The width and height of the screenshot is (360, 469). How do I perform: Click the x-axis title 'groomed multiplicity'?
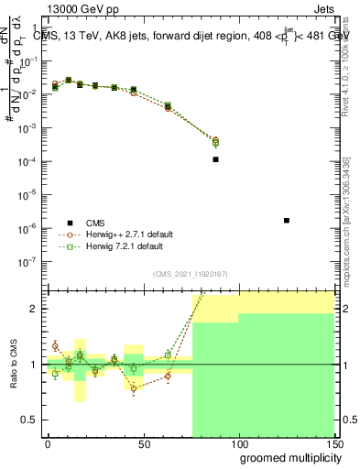tap(287, 457)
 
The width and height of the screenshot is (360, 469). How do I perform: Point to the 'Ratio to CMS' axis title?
tap(13, 364)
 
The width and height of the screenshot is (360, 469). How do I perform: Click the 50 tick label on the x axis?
tap(143, 443)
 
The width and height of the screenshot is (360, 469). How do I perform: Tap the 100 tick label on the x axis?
tap(239, 443)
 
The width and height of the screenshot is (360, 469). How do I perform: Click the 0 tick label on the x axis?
tap(48, 443)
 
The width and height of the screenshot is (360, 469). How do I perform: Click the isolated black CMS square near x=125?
tap(287, 220)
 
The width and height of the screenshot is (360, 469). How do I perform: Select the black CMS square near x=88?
tap(215, 159)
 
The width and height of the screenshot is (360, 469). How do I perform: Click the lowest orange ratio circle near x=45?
tap(134, 388)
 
